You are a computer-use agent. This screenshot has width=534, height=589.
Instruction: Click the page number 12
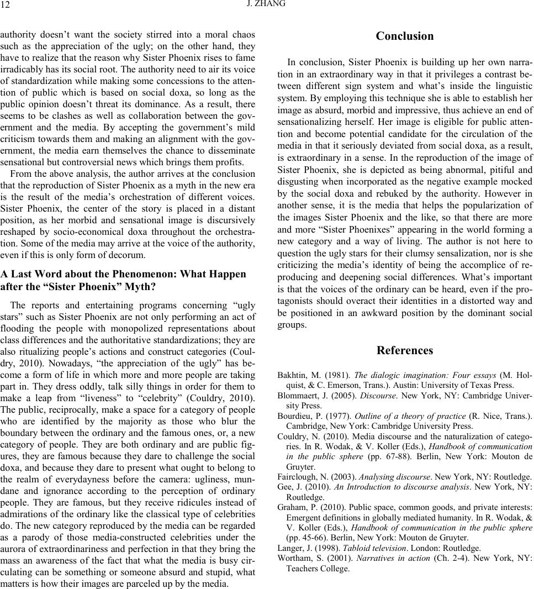pos(6,5)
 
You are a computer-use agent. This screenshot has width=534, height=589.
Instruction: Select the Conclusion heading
pos(404,36)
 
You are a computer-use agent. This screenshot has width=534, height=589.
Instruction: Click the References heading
pos(404,350)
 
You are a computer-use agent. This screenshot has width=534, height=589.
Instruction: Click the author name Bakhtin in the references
pos(292,375)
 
